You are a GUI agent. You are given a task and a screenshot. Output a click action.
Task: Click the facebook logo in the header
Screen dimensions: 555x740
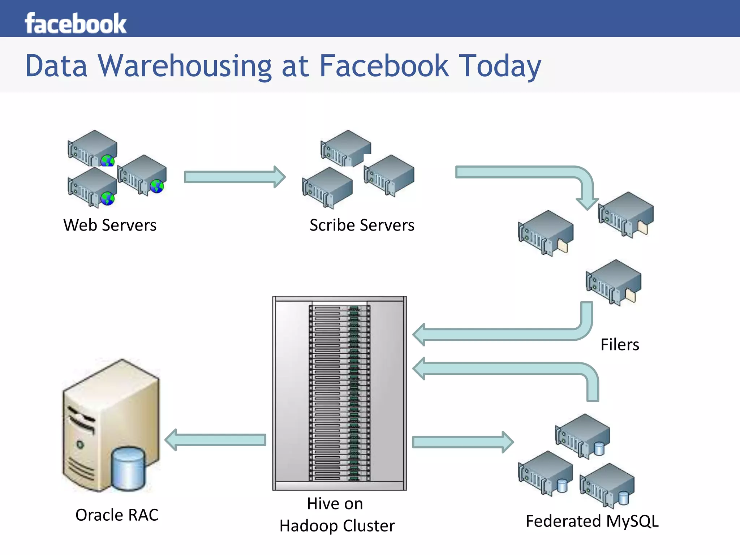76,23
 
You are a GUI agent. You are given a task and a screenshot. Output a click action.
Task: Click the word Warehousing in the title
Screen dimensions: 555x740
185,66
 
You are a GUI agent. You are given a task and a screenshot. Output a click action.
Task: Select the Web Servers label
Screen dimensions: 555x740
110,225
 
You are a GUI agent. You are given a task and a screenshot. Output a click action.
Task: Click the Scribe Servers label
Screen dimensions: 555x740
362,225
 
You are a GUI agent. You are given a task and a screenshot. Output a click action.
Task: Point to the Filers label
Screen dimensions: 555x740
620,344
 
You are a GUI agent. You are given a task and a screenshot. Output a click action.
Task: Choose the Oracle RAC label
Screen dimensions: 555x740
117,515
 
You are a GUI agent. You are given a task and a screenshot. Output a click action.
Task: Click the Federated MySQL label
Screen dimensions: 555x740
592,521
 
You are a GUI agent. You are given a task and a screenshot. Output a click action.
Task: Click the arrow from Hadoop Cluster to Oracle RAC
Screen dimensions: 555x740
215,440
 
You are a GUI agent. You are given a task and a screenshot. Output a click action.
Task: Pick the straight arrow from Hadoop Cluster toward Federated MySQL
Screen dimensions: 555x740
462,442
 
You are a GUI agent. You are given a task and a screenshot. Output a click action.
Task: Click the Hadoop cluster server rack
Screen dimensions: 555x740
339,393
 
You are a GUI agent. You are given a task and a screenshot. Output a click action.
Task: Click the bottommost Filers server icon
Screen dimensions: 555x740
613,282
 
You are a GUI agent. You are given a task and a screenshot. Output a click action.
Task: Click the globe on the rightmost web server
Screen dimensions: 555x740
157,186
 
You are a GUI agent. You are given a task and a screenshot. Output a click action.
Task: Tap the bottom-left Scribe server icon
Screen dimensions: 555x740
327,187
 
